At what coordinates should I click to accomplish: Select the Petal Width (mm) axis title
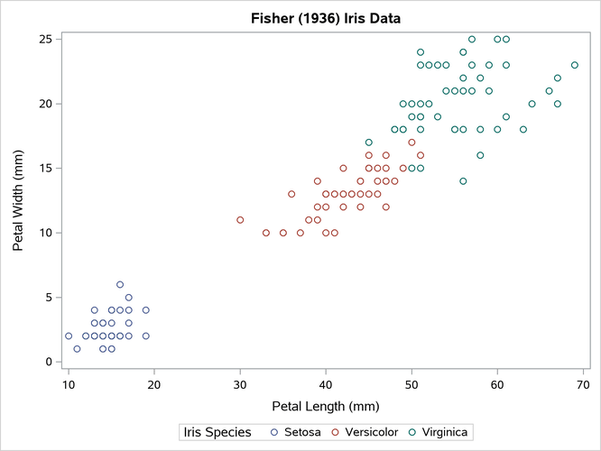pyautogui.click(x=17, y=199)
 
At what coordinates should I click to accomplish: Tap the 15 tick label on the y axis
pyautogui.click(x=44, y=168)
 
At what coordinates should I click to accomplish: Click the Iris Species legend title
pyautogui.click(x=217, y=433)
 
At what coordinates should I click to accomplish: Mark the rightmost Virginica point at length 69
pyautogui.click(x=575, y=65)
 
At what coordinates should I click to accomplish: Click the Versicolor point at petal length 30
pyautogui.click(x=240, y=220)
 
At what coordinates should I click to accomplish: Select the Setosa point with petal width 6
pyautogui.click(x=120, y=284)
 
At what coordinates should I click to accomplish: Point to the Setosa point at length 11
pyautogui.click(x=77, y=349)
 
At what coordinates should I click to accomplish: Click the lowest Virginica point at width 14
pyautogui.click(x=463, y=181)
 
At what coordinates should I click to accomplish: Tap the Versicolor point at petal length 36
pyautogui.click(x=291, y=194)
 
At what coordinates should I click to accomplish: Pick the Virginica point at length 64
pyautogui.click(x=532, y=104)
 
